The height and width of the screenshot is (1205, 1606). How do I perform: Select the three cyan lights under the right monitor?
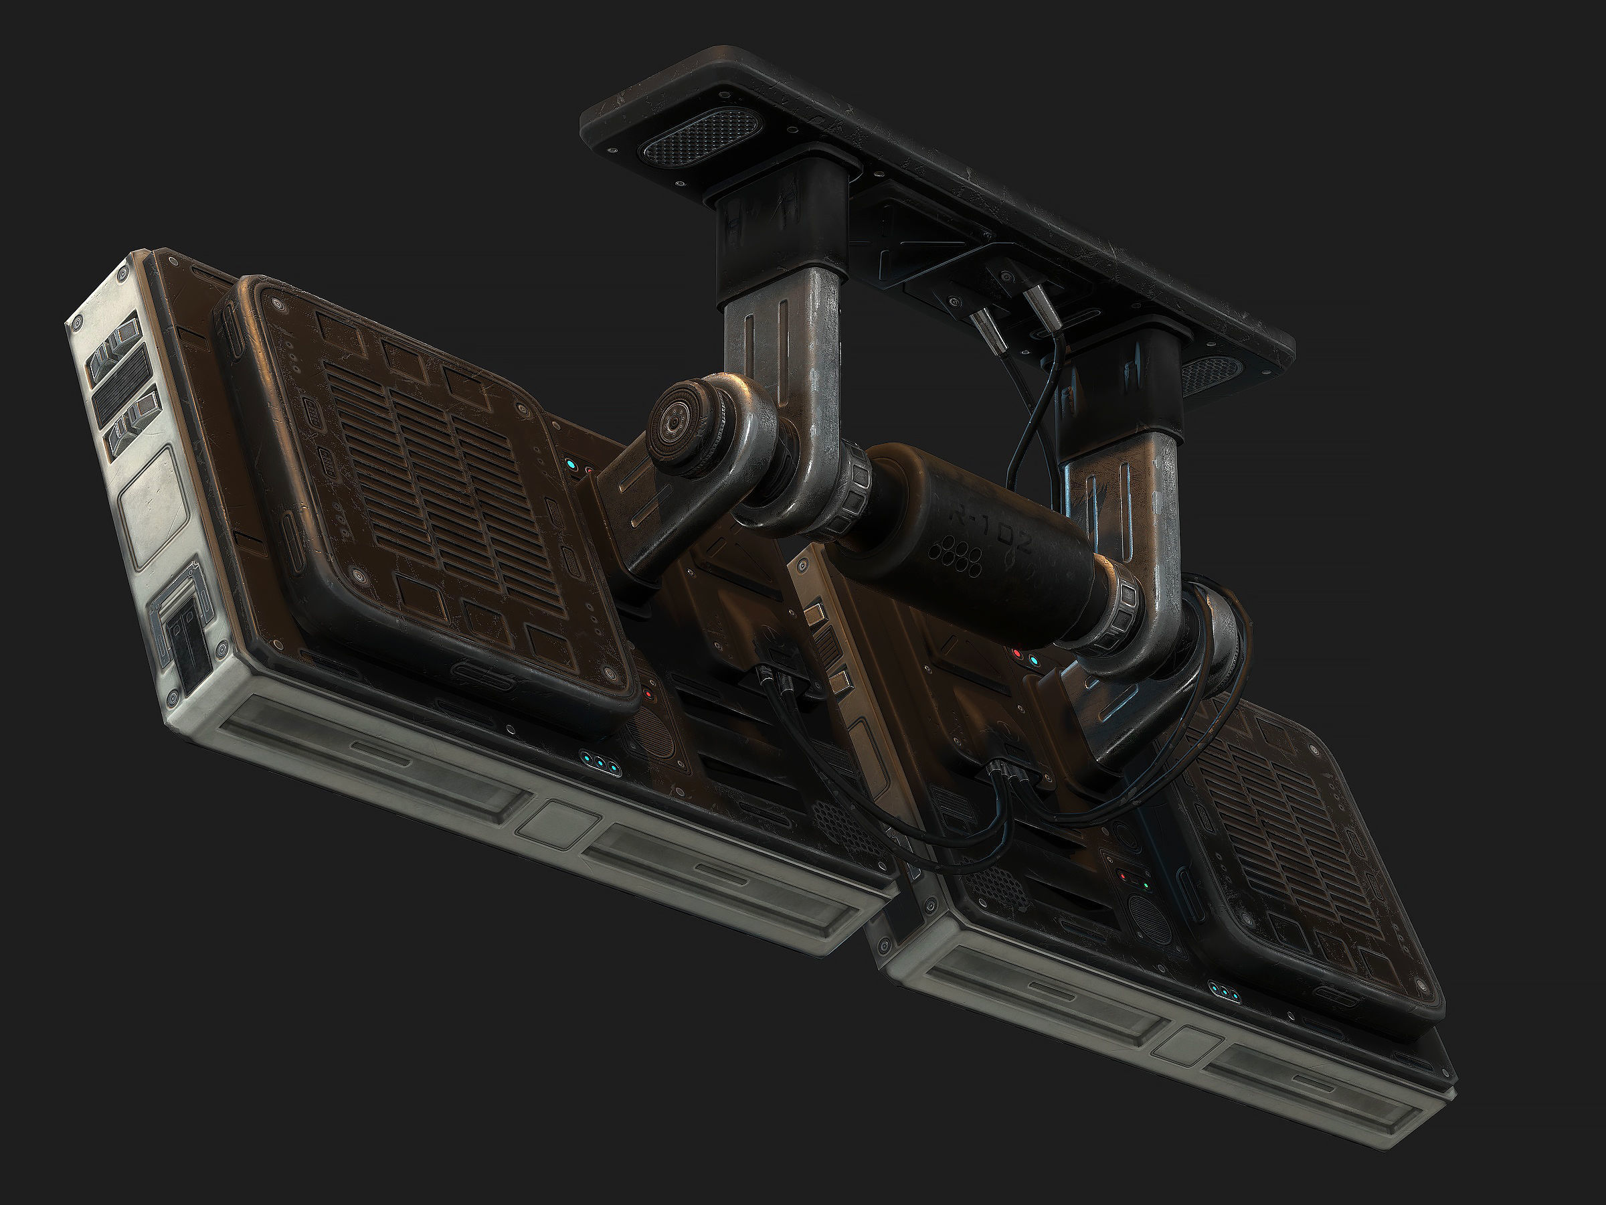point(1227,991)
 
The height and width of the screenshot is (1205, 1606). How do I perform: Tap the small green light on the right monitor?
point(1144,886)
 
